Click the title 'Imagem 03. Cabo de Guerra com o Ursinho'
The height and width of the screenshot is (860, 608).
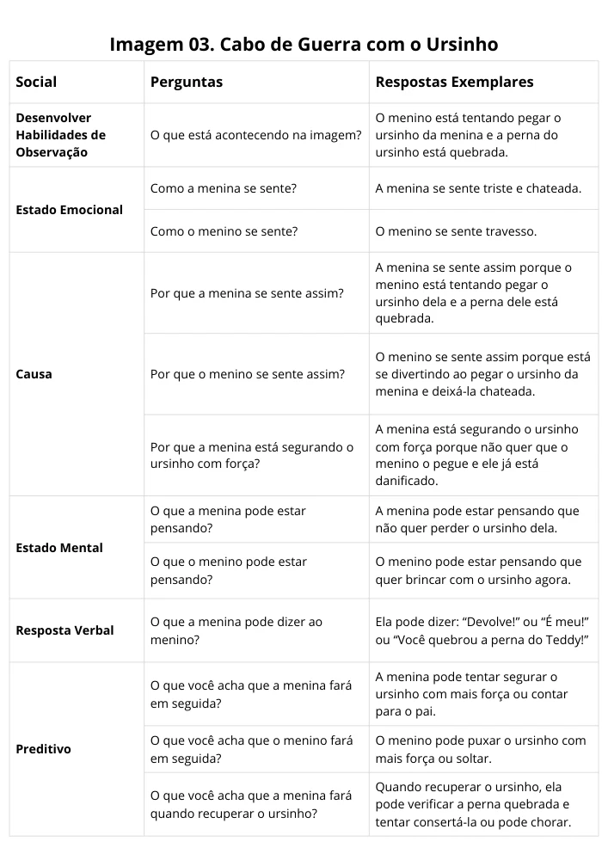(304, 44)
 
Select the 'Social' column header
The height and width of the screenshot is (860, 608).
(36, 83)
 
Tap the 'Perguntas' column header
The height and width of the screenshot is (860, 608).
(186, 83)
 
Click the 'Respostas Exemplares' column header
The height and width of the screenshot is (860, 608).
(454, 83)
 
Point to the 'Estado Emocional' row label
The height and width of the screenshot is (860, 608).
(69, 210)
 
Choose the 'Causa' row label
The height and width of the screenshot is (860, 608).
(34, 374)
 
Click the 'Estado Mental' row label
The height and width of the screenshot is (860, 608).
(58, 548)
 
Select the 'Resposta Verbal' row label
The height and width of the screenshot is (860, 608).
(64, 630)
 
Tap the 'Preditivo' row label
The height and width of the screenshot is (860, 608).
(43, 749)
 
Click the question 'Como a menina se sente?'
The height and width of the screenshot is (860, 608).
(223, 188)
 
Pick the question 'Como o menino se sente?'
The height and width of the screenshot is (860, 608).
(224, 231)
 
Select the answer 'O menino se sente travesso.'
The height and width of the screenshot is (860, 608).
(456, 231)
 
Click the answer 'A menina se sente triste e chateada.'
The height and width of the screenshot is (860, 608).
(478, 188)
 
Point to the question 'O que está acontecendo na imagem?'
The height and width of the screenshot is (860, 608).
(255, 135)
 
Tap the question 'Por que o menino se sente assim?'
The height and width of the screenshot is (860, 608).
(247, 374)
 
